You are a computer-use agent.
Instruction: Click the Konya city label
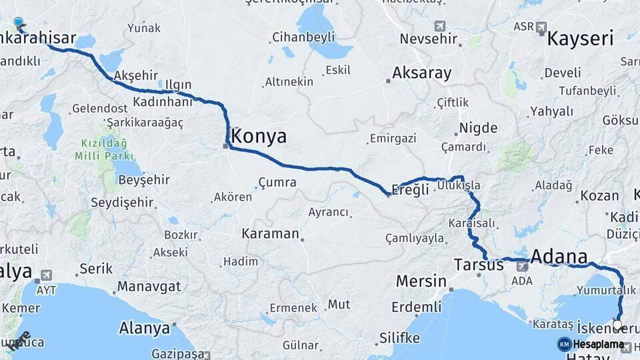[x=259, y=137]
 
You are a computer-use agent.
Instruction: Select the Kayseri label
[x=580, y=39]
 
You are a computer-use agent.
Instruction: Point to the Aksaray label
[x=422, y=73]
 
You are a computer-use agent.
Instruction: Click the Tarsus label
[x=479, y=265]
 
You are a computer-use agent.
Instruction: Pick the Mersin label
[x=421, y=281]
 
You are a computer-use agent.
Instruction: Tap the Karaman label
[x=270, y=233]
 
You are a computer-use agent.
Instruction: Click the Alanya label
[x=144, y=328]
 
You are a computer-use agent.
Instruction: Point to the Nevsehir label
[x=429, y=39]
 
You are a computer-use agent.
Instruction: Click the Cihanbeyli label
[x=303, y=38]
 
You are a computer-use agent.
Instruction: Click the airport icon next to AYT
[x=46, y=275]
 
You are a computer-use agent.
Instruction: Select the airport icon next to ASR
[x=541, y=28]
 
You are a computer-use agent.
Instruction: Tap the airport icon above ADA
[x=523, y=266]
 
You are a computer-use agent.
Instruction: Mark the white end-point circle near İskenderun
[x=617, y=325]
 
